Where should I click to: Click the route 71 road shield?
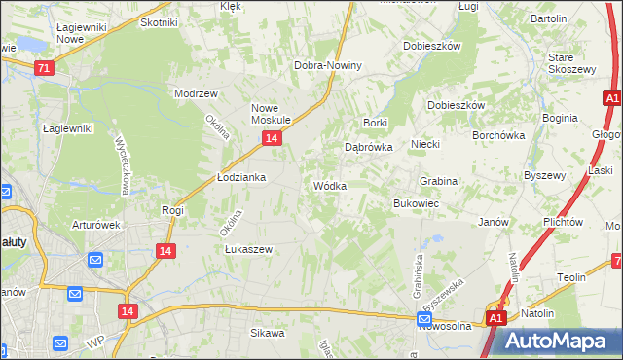tap(42, 68)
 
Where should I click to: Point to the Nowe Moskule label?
tap(272, 114)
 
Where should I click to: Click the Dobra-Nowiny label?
tap(328, 65)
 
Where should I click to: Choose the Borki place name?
tap(375, 123)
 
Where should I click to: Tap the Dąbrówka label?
tap(368, 147)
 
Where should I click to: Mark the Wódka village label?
tap(329, 185)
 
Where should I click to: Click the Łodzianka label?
tap(240, 178)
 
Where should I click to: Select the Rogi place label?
tap(173, 209)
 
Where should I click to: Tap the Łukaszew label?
tap(248, 248)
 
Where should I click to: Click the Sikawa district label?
tap(267, 333)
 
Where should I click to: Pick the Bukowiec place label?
tap(416, 203)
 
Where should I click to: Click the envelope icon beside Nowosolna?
tap(424, 318)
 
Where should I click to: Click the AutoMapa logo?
tap(556, 341)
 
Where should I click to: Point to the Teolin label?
tap(571, 277)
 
